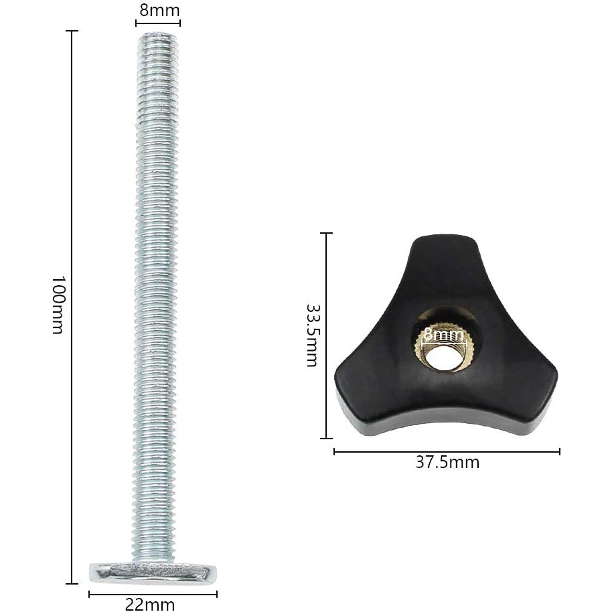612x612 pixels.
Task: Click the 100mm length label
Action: coord(58,305)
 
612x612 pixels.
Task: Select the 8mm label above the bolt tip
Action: coord(159,11)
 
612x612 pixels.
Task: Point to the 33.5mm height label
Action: coord(312,335)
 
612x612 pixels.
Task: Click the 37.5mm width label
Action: coord(447,463)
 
